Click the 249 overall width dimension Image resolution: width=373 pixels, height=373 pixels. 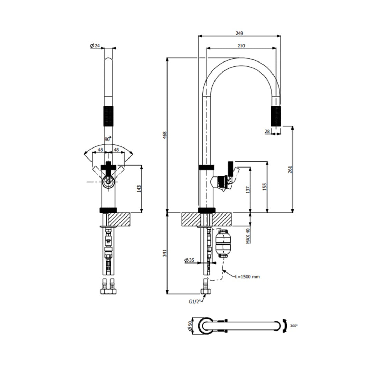pos(240,33)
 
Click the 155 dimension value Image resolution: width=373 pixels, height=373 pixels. pos(265,186)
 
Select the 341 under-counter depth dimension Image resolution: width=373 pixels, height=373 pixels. pos(165,253)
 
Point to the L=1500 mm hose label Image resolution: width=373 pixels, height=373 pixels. pos(247,277)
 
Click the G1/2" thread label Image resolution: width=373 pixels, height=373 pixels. pos(194,301)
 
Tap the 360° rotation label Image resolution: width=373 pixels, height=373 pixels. pos(294,326)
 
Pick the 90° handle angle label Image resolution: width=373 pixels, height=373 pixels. pos(108,139)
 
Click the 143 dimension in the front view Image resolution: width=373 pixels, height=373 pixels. pos(139,189)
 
